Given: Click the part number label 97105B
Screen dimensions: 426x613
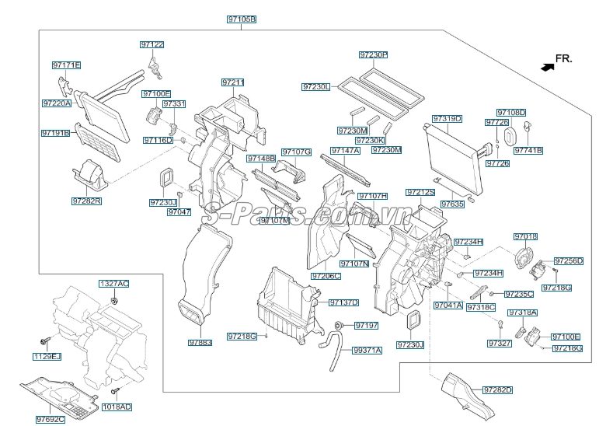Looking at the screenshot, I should pyautogui.click(x=242, y=18).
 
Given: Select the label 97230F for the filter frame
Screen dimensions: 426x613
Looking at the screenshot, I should pyautogui.click(x=373, y=55).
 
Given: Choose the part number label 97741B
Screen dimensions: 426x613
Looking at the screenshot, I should pyautogui.click(x=528, y=150).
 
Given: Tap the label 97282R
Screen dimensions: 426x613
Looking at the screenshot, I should pyautogui.click(x=87, y=201).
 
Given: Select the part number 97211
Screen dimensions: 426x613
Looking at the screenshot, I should pyautogui.click(x=232, y=82).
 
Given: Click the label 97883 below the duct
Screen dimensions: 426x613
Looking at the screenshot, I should pyautogui.click(x=200, y=342).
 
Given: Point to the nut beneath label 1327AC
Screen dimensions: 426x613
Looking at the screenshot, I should pyautogui.click(x=114, y=299).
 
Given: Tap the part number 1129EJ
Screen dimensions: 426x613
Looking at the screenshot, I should pyautogui.click(x=46, y=357).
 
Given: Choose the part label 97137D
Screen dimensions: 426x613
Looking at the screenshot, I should pyautogui.click(x=343, y=302).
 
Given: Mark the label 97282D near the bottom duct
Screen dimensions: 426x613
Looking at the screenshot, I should pyautogui.click(x=497, y=389).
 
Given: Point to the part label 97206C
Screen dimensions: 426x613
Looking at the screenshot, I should pyautogui.click(x=326, y=275).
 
